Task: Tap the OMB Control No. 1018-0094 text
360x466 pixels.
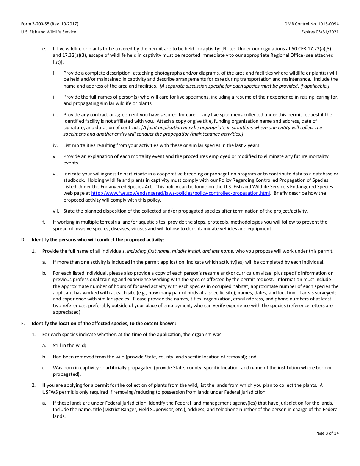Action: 311,24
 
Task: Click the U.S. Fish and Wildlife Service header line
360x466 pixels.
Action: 49,32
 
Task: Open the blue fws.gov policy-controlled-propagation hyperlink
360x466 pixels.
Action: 180,193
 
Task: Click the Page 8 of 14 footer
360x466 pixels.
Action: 327,433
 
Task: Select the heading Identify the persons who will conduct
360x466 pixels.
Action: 98,239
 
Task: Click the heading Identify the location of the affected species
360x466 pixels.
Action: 104,323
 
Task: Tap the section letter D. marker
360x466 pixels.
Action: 23,239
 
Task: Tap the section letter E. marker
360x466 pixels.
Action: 23,323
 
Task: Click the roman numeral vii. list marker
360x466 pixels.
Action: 56,211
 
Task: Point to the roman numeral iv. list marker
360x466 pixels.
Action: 55,145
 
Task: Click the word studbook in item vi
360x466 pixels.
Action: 73,180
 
